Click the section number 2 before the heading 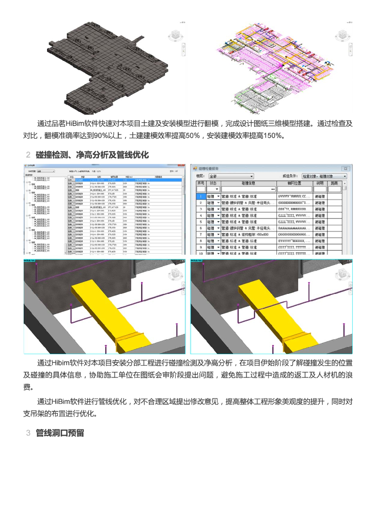[x=28, y=155]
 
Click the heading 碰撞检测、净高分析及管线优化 [x=92, y=155]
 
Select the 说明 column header [x=320, y=183]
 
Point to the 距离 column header [x=335, y=183]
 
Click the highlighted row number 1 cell [x=200, y=196]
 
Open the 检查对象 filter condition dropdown [x=324, y=176]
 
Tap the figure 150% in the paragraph [x=271, y=136]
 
